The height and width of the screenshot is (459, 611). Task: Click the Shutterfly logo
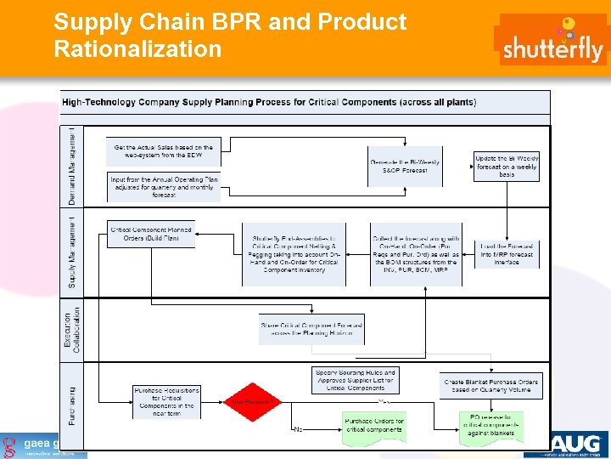pyautogui.click(x=552, y=40)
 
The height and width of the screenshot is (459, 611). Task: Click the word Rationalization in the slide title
pyautogui.click(x=137, y=49)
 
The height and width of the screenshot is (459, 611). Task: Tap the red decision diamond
pyautogui.click(x=252, y=401)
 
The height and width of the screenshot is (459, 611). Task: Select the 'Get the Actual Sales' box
pyautogui.click(x=164, y=151)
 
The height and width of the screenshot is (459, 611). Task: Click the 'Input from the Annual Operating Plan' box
pyautogui.click(x=164, y=187)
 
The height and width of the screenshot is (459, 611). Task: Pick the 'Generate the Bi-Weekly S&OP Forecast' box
pyautogui.click(x=405, y=166)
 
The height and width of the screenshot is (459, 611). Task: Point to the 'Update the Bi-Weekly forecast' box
pyautogui.click(x=506, y=165)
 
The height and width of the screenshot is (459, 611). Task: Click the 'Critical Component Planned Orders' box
pyautogui.click(x=151, y=233)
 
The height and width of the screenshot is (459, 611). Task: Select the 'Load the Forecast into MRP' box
pyautogui.click(x=506, y=253)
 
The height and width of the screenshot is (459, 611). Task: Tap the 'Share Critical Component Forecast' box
pyautogui.click(x=311, y=329)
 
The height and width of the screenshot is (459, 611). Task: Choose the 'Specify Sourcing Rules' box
pyautogui.click(x=355, y=380)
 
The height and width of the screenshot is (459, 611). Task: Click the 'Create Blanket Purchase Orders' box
pyautogui.click(x=490, y=386)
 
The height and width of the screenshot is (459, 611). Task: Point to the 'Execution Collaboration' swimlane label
pyautogui.click(x=73, y=329)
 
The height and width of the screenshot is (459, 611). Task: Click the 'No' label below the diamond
pyautogui.click(x=297, y=429)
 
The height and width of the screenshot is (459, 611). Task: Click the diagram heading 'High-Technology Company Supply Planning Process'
pyautogui.click(x=268, y=102)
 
